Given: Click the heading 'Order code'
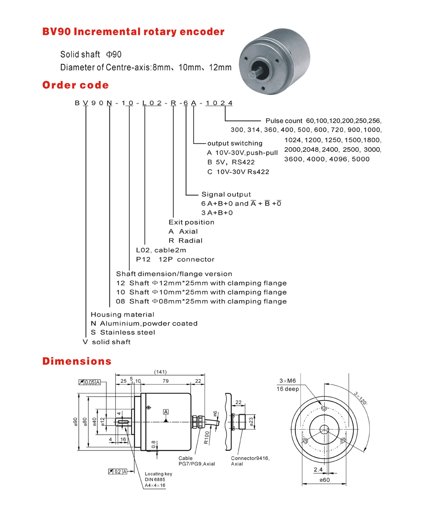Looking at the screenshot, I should [75, 85].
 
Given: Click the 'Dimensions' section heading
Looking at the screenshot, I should [77, 361].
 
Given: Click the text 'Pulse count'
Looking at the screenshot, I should [284, 121].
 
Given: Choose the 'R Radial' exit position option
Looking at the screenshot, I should [185, 241].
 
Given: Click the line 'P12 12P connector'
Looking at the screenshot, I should [175, 259].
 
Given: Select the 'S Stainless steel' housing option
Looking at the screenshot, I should [122, 332].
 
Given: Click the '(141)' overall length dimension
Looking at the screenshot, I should [160, 372].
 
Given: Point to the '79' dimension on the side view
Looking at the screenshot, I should [165, 381].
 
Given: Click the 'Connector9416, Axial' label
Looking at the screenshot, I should [247, 461].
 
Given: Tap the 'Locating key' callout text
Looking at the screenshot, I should [158, 474].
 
